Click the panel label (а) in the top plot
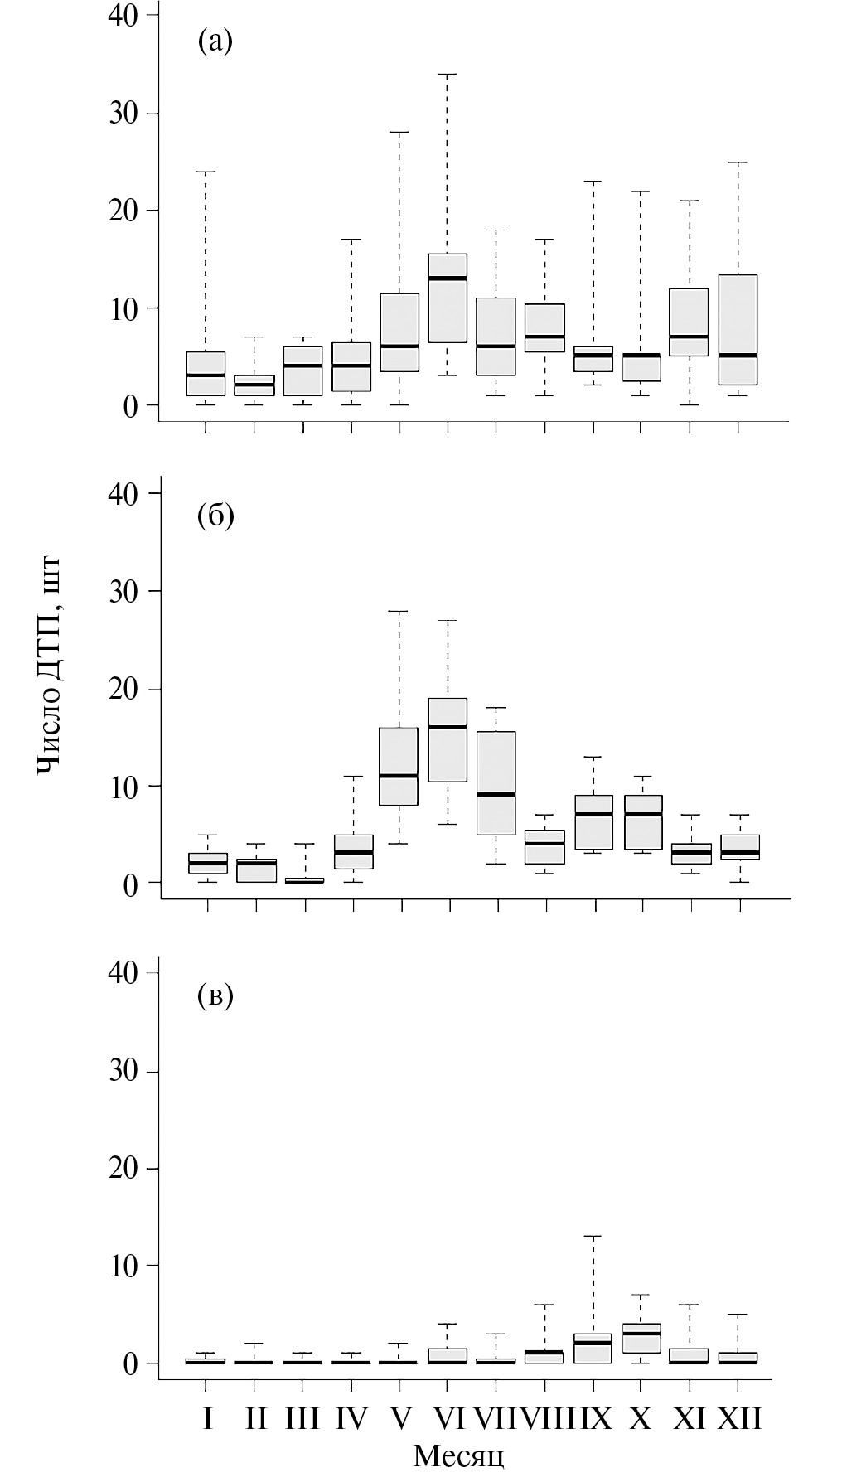(x=215, y=40)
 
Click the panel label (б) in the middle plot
(x=215, y=516)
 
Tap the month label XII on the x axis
(x=738, y=1419)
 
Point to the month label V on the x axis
(x=400, y=1419)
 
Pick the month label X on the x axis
(x=640, y=1419)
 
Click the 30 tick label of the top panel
(x=123, y=113)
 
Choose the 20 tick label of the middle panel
(x=123, y=689)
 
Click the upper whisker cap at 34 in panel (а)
(x=448, y=74)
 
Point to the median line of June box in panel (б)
(x=448, y=727)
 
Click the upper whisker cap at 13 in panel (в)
(x=593, y=1236)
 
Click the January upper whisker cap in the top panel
(x=206, y=172)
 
